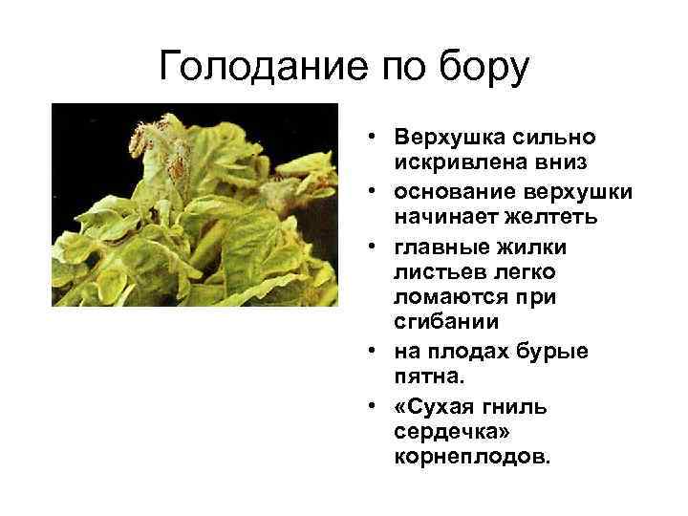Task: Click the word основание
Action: (x=449, y=193)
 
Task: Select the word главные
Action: (x=436, y=248)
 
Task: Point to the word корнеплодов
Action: (x=472, y=457)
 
